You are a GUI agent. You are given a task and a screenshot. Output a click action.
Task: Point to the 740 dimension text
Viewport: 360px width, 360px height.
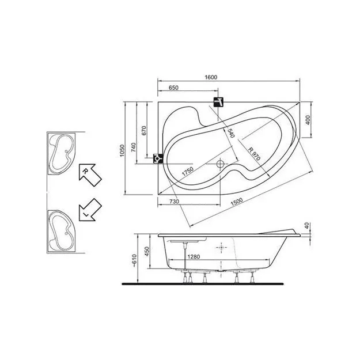click(134, 147)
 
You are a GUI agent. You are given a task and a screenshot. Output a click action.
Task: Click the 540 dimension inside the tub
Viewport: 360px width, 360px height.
click(230, 133)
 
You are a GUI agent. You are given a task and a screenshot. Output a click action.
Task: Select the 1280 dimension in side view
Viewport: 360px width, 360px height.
click(194, 258)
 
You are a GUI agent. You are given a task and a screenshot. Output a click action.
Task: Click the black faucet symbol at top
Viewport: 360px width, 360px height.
click(219, 103)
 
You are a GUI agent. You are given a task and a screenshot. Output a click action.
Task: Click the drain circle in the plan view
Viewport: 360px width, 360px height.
click(219, 164)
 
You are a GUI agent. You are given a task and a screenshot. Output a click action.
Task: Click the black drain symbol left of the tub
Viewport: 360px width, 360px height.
click(157, 158)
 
